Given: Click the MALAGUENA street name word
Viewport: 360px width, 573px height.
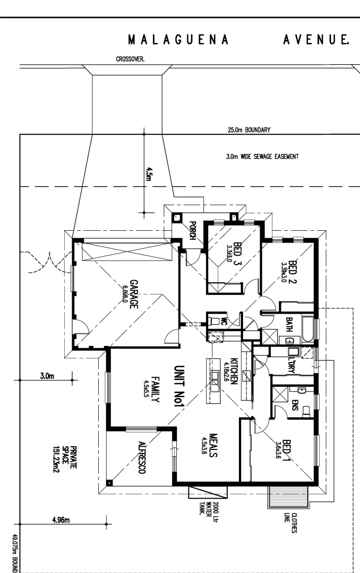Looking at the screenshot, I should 179,40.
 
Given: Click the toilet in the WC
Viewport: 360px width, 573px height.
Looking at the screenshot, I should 214,320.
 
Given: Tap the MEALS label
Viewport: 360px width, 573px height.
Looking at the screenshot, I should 215,445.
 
